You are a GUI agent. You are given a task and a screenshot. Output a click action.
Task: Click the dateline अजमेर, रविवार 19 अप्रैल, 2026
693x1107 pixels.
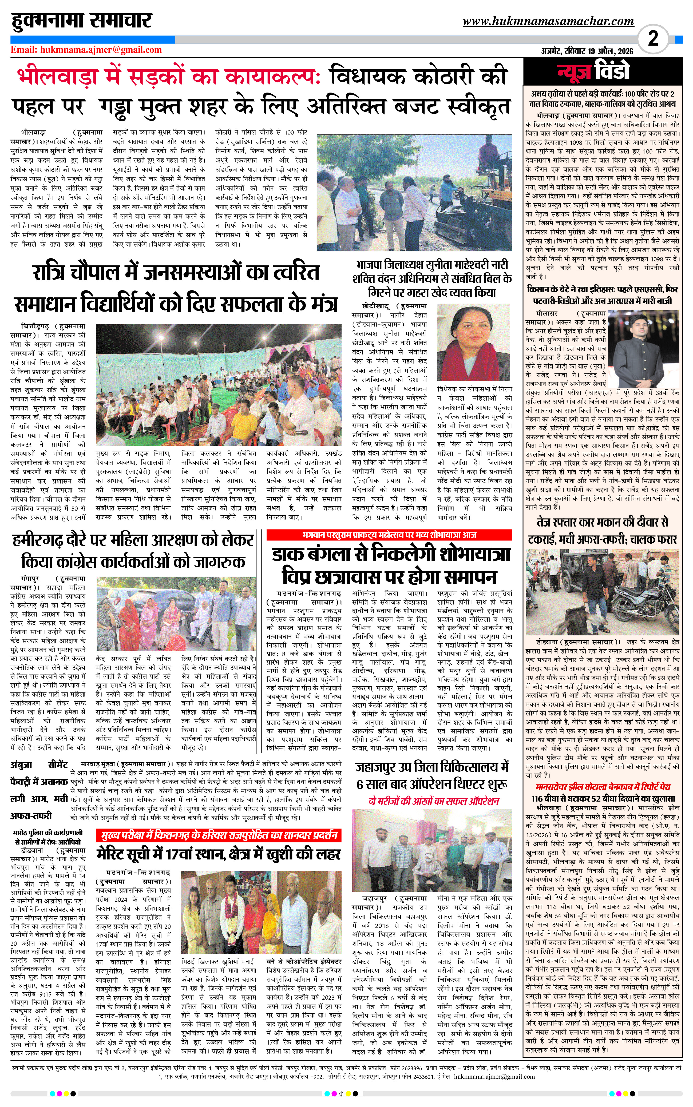(587, 51)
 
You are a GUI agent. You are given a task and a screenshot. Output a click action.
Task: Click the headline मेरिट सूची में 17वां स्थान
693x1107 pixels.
(219, 854)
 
